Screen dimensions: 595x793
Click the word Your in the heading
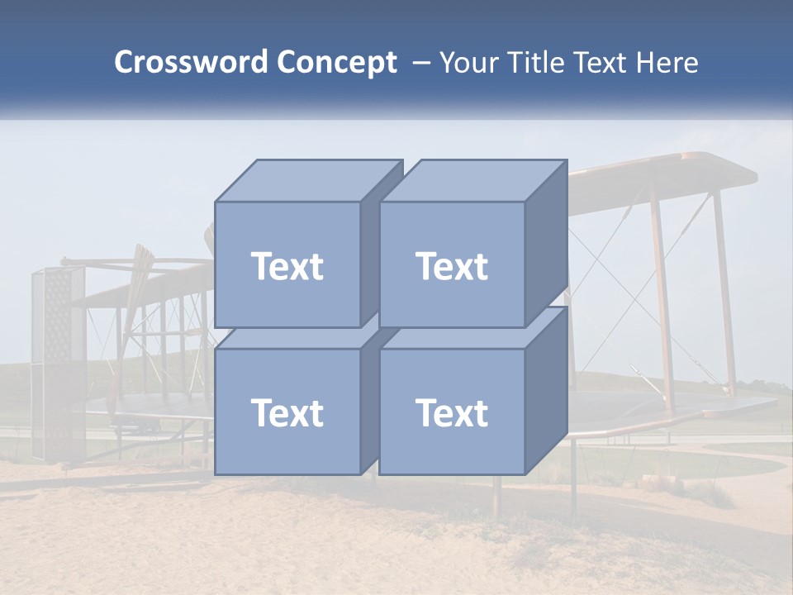468,63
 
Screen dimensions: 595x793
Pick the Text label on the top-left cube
287,266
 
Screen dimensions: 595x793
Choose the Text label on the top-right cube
451,266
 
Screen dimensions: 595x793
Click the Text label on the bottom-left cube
287,412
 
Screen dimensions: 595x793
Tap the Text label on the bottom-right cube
451,412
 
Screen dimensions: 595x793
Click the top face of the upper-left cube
307,180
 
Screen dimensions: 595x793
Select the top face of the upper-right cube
472,180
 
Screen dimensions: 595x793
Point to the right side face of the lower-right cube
546,393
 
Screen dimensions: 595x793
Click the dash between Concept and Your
420,63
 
